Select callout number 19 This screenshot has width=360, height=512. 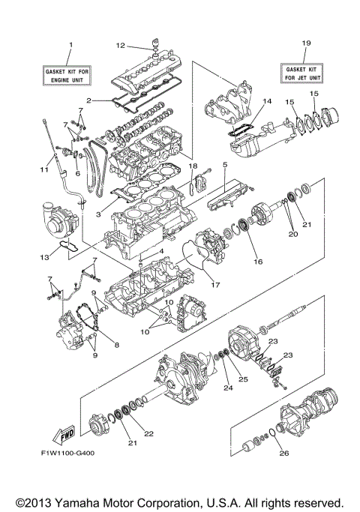point(304,44)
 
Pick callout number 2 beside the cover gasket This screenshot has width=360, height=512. point(88,100)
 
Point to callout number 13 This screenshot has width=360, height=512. point(44,257)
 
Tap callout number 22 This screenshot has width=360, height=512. point(148,434)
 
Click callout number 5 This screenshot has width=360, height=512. point(224,163)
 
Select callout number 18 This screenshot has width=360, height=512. point(193,165)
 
